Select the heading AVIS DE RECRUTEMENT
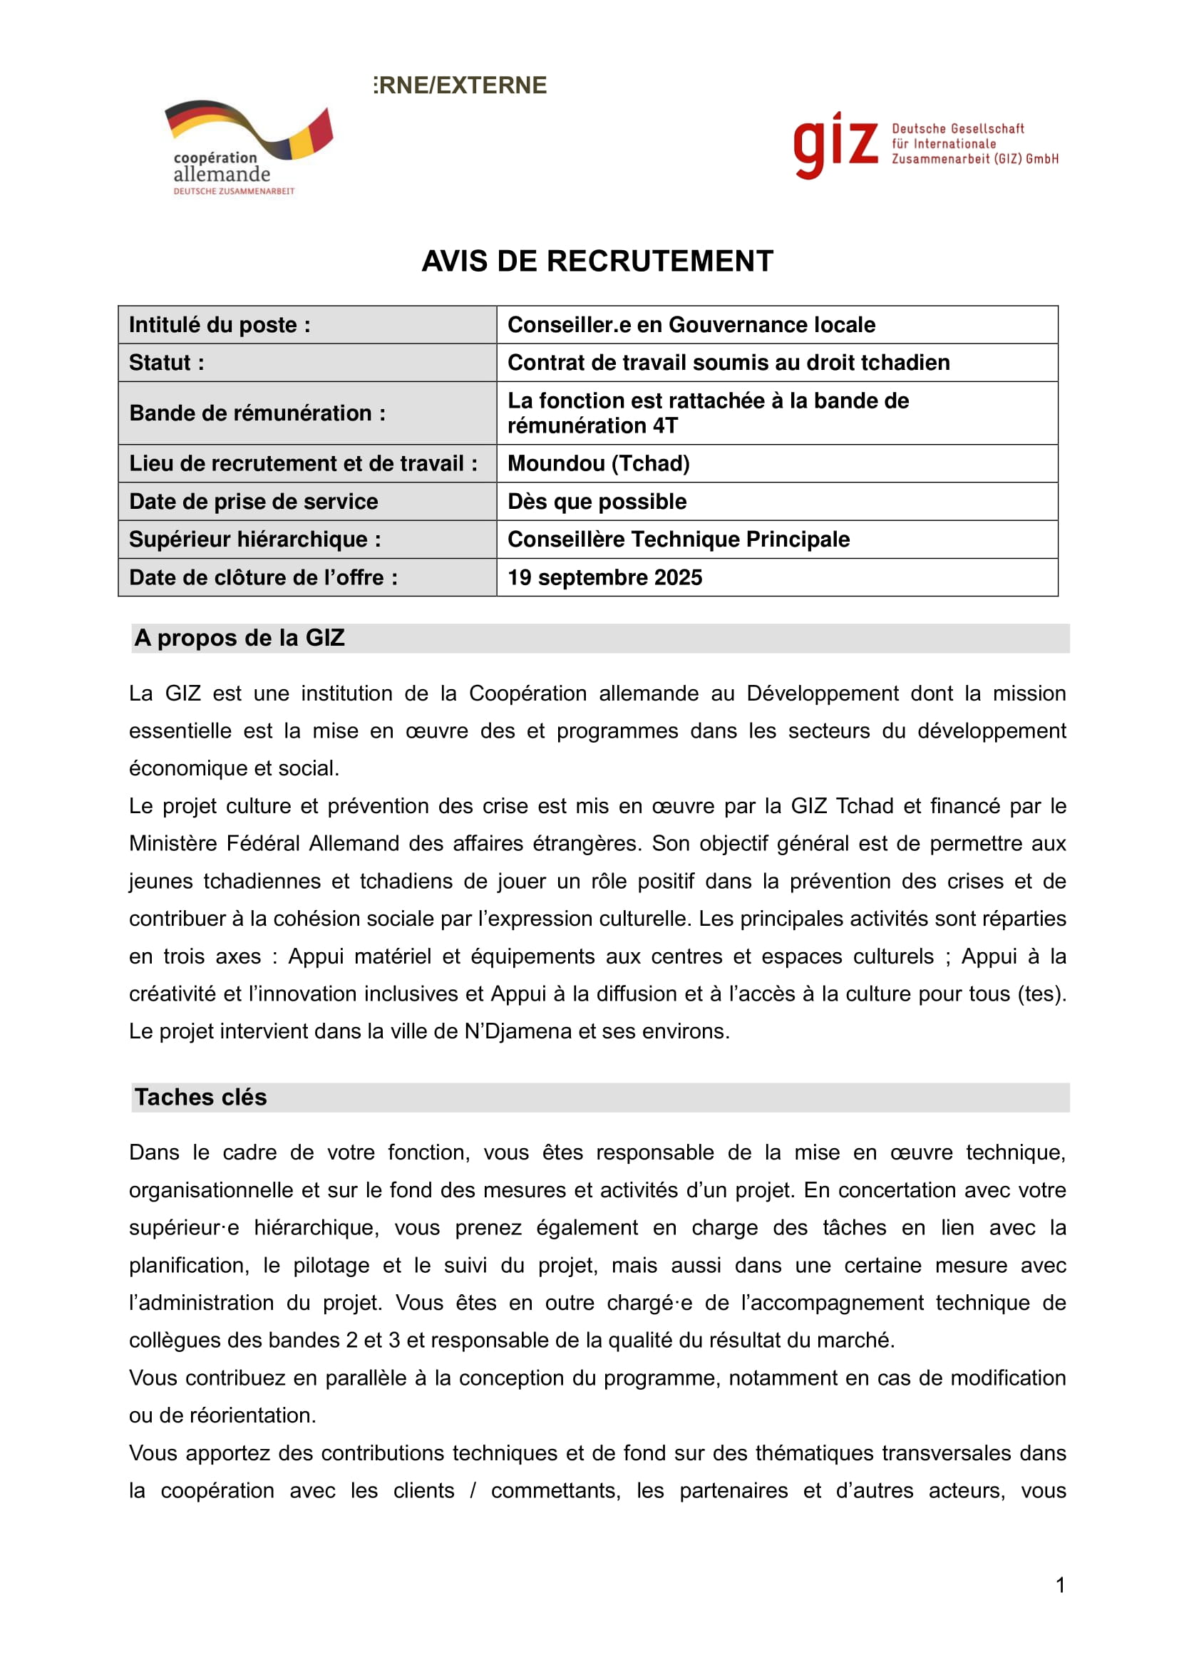point(597,262)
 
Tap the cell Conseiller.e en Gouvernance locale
point(691,324)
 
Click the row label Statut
point(166,362)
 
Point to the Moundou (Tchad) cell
point(598,463)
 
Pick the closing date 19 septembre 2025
point(604,577)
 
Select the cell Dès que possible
point(597,502)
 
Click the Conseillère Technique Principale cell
point(678,540)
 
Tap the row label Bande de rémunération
point(257,413)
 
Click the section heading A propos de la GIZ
point(239,637)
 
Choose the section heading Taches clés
point(200,1097)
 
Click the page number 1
point(1060,1585)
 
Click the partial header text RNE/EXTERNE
point(461,86)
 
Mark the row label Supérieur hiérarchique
point(254,540)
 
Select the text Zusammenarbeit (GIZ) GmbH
point(974,159)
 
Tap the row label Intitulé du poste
point(220,324)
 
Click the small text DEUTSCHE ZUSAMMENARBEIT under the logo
point(234,191)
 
